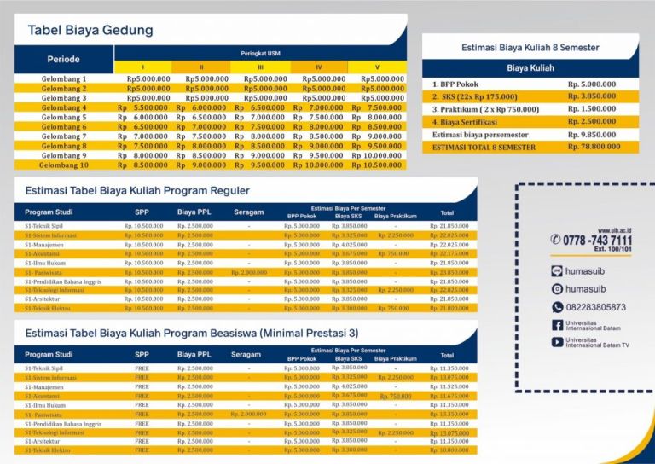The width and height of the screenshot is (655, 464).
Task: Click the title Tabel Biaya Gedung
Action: point(90,31)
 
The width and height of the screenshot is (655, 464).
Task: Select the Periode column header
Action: point(64,60)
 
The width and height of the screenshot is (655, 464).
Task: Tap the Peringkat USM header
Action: point(260,53)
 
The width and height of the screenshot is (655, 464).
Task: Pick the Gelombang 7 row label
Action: point(64,136)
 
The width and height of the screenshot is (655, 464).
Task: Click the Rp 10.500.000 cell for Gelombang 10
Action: point(380,165)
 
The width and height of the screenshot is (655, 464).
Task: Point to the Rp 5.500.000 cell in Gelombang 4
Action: point(143,108)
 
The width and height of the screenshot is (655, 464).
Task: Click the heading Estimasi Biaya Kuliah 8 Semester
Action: point(530,47)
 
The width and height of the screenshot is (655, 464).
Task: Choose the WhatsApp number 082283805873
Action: point(595,307)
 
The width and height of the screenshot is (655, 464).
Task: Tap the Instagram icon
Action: point(557,289)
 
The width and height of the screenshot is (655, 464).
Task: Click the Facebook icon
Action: point(557,325)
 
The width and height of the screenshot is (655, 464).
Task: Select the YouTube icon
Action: point(557,342)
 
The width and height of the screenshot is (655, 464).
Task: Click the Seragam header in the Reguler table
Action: point(246,212)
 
